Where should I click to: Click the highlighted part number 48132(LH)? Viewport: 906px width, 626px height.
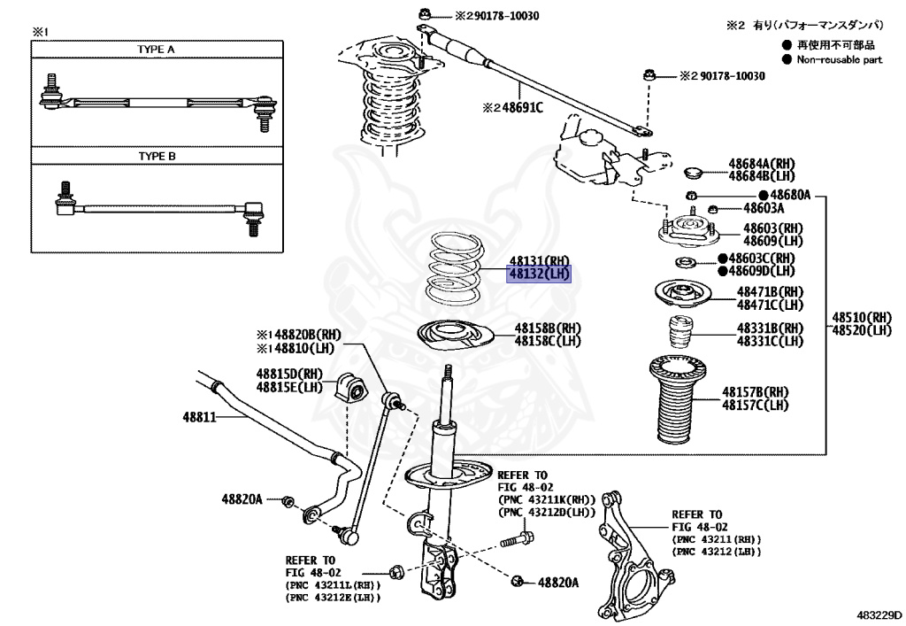(x=539, y=274)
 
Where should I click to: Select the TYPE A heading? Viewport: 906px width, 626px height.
(x=156, y=50)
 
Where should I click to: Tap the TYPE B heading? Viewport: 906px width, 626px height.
(x=156, y=157)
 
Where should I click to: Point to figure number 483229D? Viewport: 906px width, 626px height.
(x=878, y=613)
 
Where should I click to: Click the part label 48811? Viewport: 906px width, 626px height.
(x=199, y=416)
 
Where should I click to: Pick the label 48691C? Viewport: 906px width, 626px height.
(x=512, y=108)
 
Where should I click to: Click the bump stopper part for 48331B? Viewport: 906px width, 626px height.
(x=679, y=333)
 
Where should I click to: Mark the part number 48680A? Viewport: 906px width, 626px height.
(x=790, y=194)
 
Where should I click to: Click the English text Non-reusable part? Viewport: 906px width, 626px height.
(x=840, y=59)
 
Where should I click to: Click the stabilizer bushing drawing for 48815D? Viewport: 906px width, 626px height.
(x=351, y=387)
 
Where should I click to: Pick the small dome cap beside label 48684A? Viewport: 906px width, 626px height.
(x=694, y=170)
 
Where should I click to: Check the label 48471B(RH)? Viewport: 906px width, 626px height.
(x=770, y=291)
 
